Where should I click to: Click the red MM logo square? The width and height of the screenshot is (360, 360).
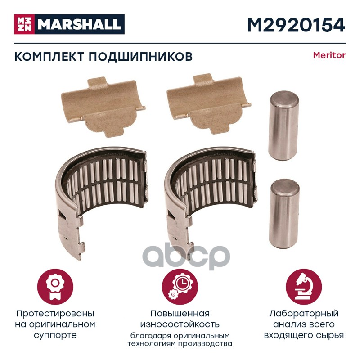tap(24, 24)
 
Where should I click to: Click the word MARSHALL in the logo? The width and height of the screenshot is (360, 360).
tap(80, 24)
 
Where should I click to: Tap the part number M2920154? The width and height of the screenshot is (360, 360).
tap(296, 25)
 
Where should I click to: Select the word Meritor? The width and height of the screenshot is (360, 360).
tap(329, 55)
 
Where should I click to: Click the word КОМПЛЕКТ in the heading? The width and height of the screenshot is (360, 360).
tap(49, 57)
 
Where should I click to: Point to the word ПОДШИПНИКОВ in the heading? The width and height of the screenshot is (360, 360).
tap(140, 57)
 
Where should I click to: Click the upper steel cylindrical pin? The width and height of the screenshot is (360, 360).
tap(283, 126)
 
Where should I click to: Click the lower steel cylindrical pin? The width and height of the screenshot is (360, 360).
tap(284, 213)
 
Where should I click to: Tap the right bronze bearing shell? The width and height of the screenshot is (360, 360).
tap(208, 104)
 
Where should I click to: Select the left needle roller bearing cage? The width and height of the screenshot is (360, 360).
tap(101, 198)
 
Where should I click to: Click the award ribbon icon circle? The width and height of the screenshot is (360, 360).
tap(55, 287)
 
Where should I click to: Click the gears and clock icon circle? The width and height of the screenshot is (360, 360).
tap(180, 287)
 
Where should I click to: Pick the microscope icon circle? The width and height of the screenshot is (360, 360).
tap(304, 287)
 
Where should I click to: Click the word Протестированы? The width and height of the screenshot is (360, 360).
tap(55, 314)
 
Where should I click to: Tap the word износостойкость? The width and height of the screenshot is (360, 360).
tap(180, 324)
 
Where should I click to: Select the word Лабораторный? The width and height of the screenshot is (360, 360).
tap(304, 314)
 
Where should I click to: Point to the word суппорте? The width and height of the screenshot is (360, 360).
tap(55, 336)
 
